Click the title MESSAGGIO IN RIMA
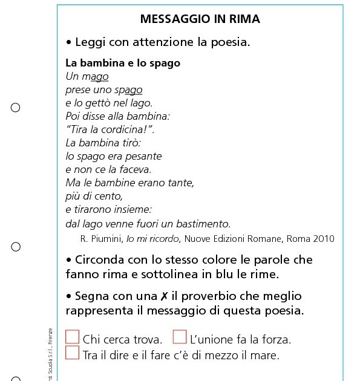(x=200, y=19)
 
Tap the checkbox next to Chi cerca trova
(x=73, y=337)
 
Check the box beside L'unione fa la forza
(x=180, y=337)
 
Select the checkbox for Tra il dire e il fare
(x=73, y=352)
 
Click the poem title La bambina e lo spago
(x=122, y=63)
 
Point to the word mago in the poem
(x=96, y=77)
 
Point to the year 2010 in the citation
(x=323, y=239)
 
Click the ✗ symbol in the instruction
(x=165, y=296)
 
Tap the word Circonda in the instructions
(x=103, y=259)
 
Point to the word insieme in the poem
(x=133, y=209)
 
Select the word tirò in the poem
(x=129, y=143)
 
